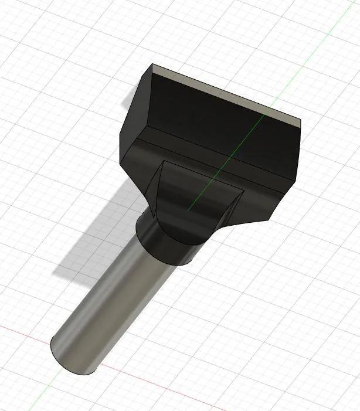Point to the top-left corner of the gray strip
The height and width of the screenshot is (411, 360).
(x=152, y=65)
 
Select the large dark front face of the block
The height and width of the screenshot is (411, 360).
(x=217, y=135)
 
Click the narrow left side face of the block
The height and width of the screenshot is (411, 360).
(x=134, y=117)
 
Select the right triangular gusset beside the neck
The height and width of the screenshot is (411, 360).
(x=232, y=209)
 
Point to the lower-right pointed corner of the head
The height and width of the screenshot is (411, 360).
(x=269, y=221)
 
